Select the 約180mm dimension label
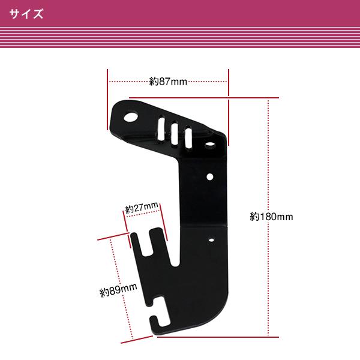click(x=271, y=217)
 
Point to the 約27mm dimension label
click(x=142, y=208)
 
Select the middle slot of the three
click(x=174, y=133)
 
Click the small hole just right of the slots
click(x=211, y=145)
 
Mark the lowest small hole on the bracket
click(x=211, y=239)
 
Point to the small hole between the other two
click(x=211, y=176)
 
